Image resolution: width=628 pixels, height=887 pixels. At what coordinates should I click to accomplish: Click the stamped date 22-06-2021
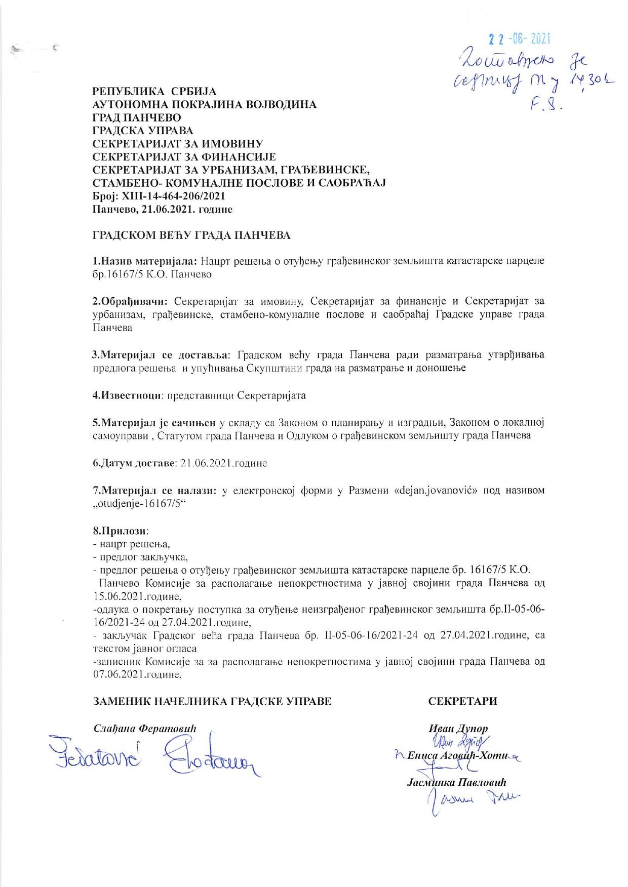(518, 39)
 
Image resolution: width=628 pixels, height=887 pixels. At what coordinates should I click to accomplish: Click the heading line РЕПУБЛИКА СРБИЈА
(154, 92)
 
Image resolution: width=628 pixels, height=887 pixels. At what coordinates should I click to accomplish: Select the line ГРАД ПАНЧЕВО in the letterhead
(133, 117)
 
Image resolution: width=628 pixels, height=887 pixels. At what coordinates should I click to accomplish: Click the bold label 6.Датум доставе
(134, 463)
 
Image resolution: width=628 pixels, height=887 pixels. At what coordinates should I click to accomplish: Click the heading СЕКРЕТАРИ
(462, 701)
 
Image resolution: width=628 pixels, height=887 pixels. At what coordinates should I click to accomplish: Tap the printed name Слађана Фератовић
(145, 729)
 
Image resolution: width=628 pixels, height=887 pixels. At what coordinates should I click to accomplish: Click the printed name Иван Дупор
(458, 729)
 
